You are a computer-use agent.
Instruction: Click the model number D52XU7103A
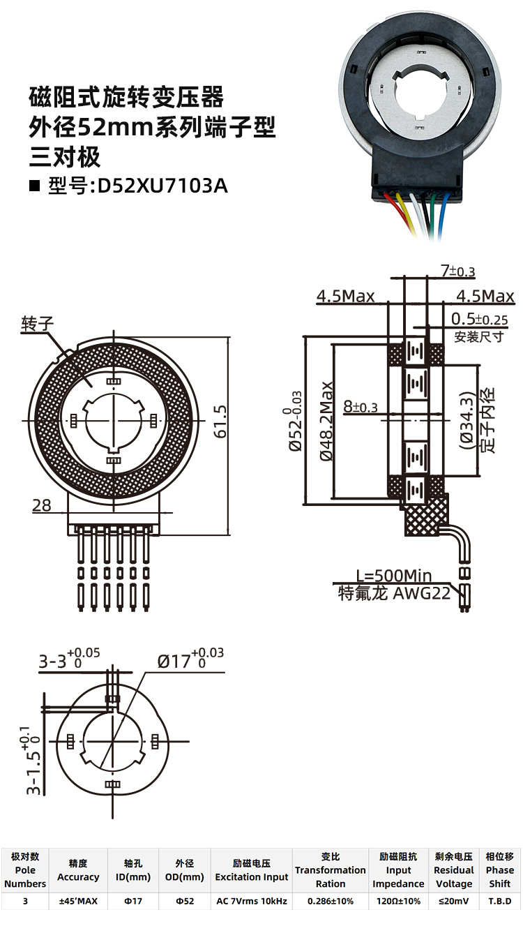(x=162, y=186)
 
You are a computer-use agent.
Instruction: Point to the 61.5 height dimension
(x=220, y=421)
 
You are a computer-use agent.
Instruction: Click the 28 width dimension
(x=42, y=505)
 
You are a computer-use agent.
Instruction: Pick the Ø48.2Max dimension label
(x=326, y=421)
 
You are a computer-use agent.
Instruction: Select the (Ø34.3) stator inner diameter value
(x=467, y=421)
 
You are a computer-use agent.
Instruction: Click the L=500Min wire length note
(x=394, y=576)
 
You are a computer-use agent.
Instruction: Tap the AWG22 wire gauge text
(x=421, y=593)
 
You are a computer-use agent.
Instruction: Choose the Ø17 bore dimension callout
(x=190, y=659)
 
